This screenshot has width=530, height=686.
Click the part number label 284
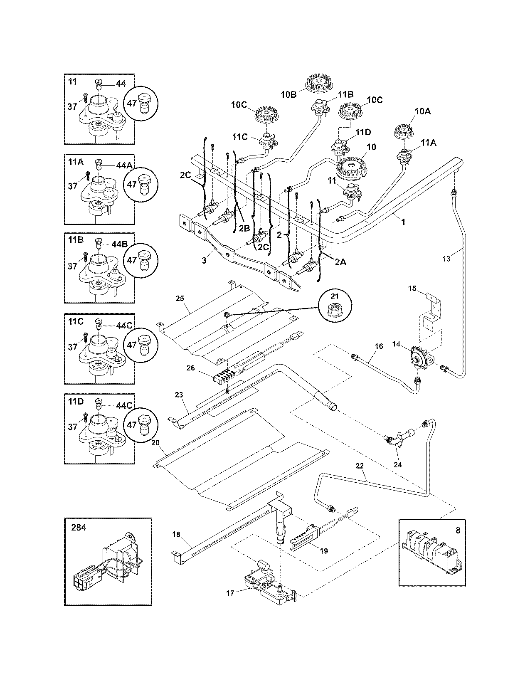[x=79, y=528]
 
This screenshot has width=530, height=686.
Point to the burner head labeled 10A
[x=404, y=130]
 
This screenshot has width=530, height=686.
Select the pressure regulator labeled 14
[x=419, y=355]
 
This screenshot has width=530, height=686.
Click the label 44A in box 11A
[x=123, y=165]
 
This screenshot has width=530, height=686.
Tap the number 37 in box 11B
[x=73, y=266]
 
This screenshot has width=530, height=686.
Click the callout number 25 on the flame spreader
[x=180, y=299]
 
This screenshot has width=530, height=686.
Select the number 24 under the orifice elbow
[x=397, y=465]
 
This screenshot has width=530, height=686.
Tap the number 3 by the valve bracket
[x=204, y=261]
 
